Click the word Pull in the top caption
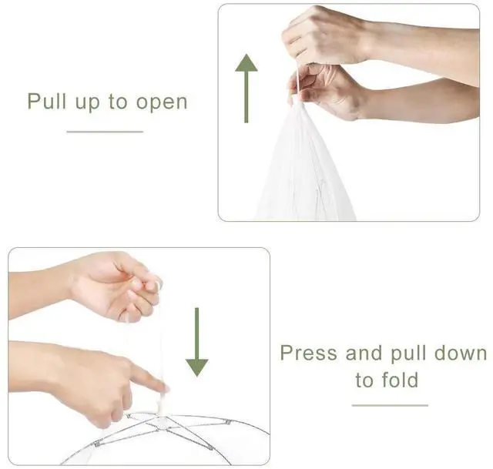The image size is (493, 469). click(x=47, y=101)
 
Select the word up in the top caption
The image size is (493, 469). click(x=87, y=102)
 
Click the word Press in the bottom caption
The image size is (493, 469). click(x=308, y=353)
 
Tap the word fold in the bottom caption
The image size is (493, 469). click(x=400, y=380)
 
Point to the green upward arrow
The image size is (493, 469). click(x=246, y=89)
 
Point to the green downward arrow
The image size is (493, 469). click(x=197, y=342)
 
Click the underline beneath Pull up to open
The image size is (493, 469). click(x=105, y=132)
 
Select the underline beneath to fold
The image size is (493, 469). click(x=390, y=405)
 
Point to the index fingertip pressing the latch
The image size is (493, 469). click(x=165, y=389)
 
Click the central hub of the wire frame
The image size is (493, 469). click(x=163, y=420)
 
